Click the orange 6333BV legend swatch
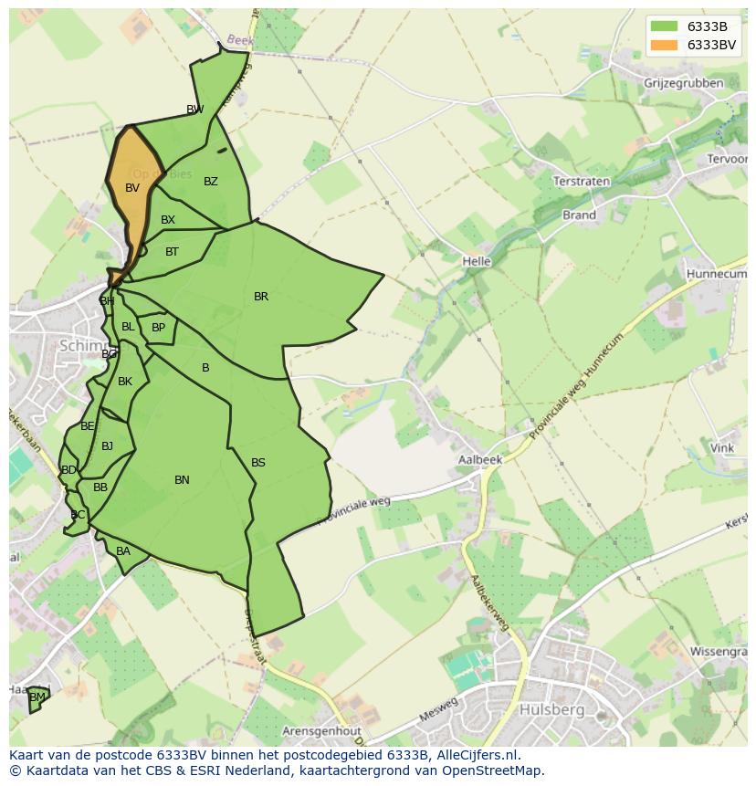(x=665, y=46)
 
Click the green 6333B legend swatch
(x=665, y=26)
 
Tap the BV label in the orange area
(x=132, y=188)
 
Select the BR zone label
(x=261, y=297)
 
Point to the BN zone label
(x=182, y=480)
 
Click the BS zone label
(x=258, y=463)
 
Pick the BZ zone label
(x=211, y=182)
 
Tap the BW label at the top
(x=194, y=110)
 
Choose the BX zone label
(x=168, y=220)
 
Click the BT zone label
(x=172, y=252)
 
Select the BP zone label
(x=158, y=328)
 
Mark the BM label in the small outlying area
(x=37, y=697)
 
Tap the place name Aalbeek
(x=481, y=460)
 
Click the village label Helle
(x=477, y=261)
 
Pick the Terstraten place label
(x=582, y=182)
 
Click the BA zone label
(x=123, y=551)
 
